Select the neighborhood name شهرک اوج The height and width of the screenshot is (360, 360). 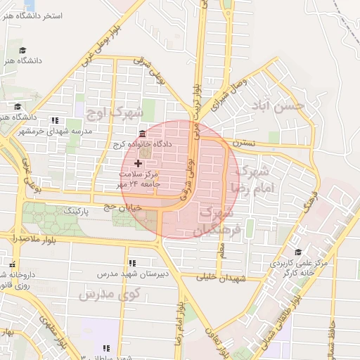coord(114,112)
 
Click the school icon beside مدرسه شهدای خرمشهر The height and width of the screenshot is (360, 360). coord(56,121)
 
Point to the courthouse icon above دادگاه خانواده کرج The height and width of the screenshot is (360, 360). coord(143,134)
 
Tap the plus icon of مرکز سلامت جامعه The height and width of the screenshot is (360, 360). coord(138,163)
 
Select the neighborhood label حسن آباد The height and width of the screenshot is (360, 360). coord(278,105)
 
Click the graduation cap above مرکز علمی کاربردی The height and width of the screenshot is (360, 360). coord(299,252)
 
